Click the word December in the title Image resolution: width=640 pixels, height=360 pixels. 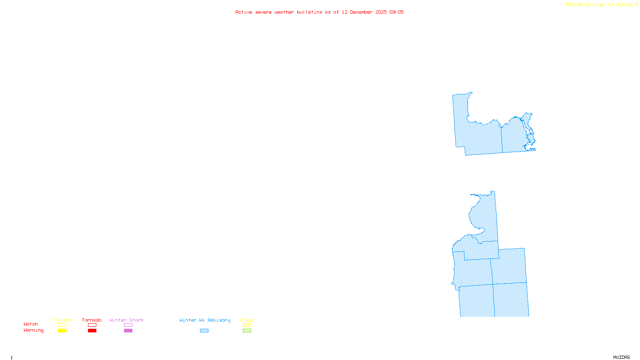coord(361,12)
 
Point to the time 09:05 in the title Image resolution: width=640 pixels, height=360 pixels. coord(396,12)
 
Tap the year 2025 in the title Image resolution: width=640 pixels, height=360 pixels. coord(381,12)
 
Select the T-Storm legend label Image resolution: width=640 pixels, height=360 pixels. coord(62,320)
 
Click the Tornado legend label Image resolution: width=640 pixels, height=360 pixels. coord(92,320)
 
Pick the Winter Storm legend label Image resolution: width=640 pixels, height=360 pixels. coord(126,320)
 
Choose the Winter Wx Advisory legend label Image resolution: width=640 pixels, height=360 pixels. coord(205,320)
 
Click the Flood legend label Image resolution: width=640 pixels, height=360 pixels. coord(247,320)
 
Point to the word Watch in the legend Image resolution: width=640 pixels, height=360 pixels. coord(31,324)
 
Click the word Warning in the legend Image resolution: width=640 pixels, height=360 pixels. coord(34,330)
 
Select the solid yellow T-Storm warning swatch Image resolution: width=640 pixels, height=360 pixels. coord(62,331)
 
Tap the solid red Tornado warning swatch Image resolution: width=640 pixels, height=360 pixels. coord(92,331)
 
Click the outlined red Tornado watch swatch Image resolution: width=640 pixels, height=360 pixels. coord(92,325)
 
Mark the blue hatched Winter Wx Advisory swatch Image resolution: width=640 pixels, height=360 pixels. coord(204,331)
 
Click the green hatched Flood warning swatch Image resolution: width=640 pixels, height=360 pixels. coord(247,331)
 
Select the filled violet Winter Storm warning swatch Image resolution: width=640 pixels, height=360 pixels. coord(128,331)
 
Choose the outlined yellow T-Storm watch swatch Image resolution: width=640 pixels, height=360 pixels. coord(62,325)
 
